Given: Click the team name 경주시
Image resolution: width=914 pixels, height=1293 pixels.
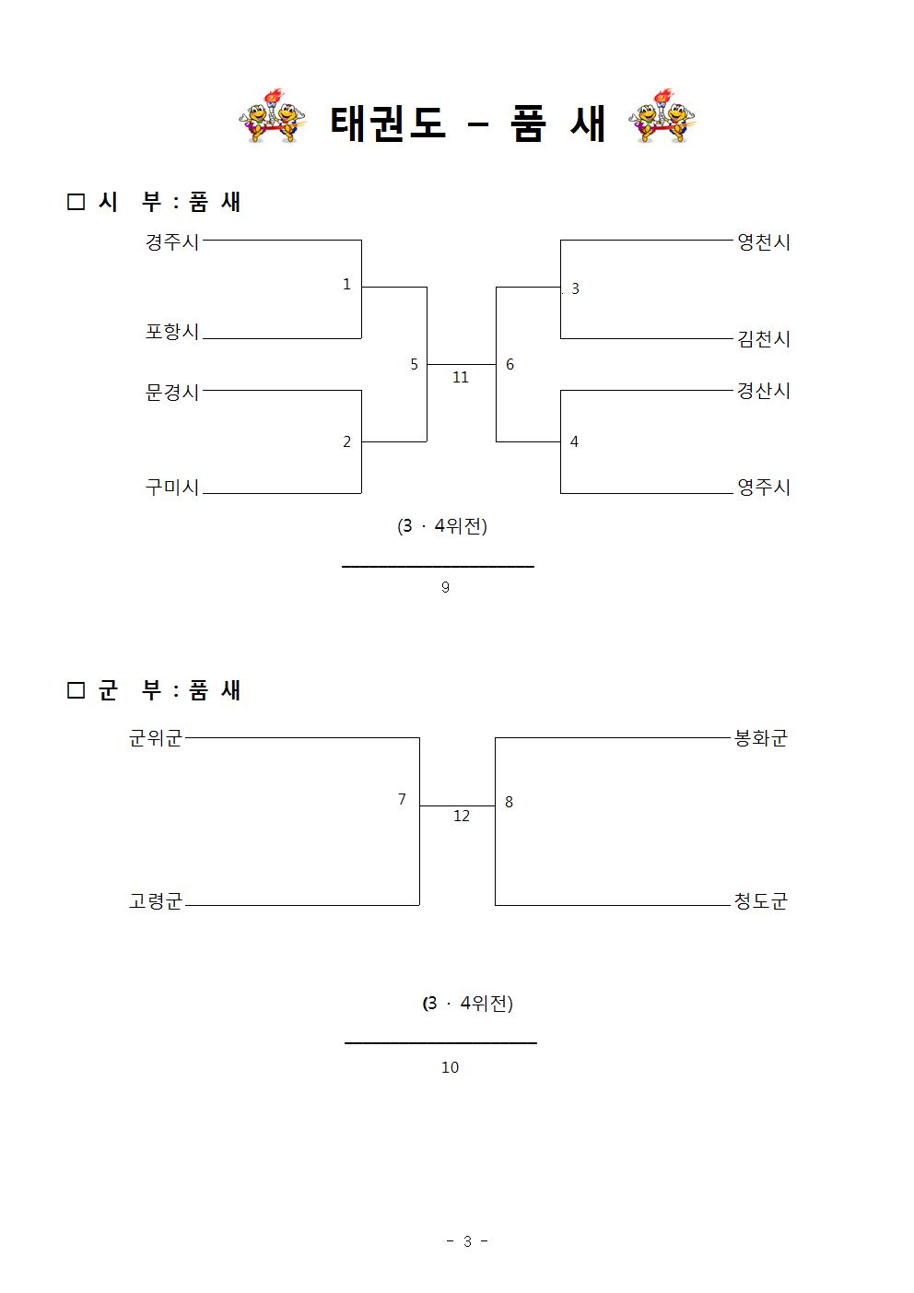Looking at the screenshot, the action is pos(172,241).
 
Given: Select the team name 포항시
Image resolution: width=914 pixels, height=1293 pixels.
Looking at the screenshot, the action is pos(172,332).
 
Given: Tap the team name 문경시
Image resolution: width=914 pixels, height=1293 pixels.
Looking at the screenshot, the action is pos(172,393).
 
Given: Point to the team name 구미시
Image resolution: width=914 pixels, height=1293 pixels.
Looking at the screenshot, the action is pos(172,488).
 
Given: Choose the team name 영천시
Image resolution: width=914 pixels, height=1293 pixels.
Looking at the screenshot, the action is pos(764,241).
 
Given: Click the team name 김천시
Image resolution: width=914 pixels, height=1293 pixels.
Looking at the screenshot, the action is pos(764,338).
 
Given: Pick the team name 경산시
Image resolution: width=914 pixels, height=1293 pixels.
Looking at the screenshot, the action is pos(764,391).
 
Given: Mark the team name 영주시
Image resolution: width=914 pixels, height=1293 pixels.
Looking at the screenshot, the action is pos(764,488).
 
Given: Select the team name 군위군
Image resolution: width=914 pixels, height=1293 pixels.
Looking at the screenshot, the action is pos(155,737).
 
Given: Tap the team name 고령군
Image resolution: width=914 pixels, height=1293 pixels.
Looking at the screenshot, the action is pos(155,900).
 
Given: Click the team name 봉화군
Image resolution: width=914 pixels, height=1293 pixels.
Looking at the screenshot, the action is pos(760,737).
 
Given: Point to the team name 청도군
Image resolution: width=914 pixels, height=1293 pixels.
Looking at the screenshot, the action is pos(760,900).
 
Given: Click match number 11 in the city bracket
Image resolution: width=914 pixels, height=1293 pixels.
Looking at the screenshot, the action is pos(461,378).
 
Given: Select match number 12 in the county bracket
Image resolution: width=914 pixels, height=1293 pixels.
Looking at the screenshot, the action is pos(462,817).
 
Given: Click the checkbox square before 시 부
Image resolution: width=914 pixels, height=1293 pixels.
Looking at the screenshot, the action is pos(76,202).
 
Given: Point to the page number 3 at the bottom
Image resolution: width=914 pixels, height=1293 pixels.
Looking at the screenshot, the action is pos(467,1241).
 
